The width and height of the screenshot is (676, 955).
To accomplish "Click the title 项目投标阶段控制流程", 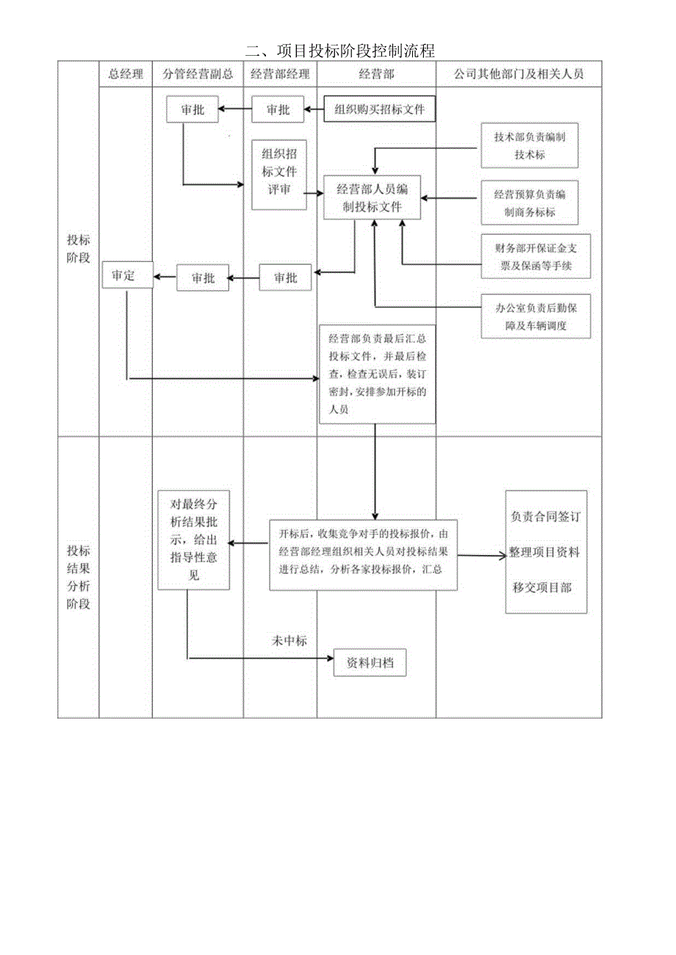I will tap(340, 51).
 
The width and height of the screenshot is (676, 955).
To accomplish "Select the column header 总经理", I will tap(126, 73).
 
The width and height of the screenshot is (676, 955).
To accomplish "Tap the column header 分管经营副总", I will tap(198, 73).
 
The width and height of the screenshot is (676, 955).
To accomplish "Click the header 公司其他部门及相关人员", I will tap(519, 73).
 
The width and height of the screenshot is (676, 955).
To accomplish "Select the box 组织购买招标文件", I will tap(380, 109).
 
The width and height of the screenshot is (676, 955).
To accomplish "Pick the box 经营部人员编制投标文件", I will tap(373, 198).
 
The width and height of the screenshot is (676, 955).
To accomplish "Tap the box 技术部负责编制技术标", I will tap(529, 146).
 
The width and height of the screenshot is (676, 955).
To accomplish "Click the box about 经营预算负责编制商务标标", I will tap(529, 203).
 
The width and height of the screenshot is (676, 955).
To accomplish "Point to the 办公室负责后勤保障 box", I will tap(535, 316).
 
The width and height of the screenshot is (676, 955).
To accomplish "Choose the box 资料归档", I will tap(370, 663).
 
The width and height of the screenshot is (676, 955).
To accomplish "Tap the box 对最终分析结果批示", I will tap(195, 540).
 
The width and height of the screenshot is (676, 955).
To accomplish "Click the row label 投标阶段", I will tap(79, 249).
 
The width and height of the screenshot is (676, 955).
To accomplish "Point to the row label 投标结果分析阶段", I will tap(79, 578).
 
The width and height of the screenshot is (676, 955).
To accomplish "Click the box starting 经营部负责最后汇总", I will tap(377, 374).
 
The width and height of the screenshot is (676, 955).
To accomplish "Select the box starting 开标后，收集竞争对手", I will tap(364, 551).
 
